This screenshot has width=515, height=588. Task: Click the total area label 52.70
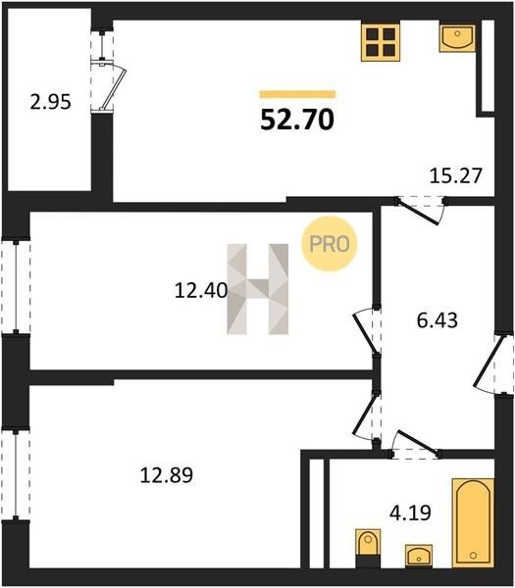coord(297,120)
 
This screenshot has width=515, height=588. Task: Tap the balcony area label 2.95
coord(50,102)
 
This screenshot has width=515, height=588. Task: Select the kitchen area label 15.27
coord(455,175)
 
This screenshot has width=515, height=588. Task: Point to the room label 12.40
coord(201,290)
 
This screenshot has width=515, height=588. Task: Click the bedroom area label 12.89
coord(167,475)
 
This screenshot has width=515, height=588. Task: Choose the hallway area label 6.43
coord(438,320)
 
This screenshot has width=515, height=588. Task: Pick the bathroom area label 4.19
coord(410,513)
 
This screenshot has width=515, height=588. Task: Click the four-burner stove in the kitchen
coord(381,41)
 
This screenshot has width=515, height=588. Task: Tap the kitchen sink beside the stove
coord(457,38)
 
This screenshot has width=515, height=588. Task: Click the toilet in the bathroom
coord(368,548)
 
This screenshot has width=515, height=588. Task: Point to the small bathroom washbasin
coord(419,555)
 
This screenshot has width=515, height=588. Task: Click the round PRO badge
coord(330,244)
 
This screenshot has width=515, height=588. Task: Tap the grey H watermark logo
coord(257,289)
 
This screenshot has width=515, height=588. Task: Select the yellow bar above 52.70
coord(297,94)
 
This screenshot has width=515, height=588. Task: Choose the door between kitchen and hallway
coord(421,210)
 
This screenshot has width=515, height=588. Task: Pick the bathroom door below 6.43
coord(416,444)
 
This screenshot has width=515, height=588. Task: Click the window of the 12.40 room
coord(16,286)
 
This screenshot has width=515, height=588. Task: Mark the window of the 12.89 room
coord(16,474)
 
